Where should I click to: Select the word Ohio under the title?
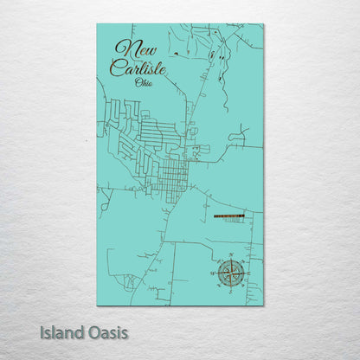pos(145,82)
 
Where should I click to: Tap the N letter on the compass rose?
pos(231,258)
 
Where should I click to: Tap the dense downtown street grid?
pos(171,177)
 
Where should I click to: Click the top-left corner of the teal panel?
pos(97,24)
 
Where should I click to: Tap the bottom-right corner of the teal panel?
pos(263,305)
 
